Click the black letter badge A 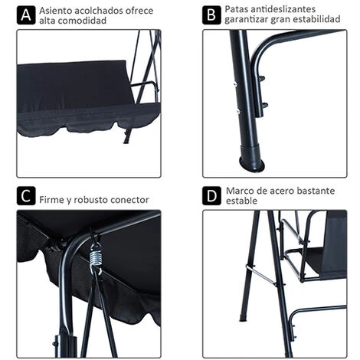pyautogui.click(x=26, y=15)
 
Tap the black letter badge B pyautogui.click(x=211, y=15)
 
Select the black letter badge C pyautogui.click(x=26, y=196)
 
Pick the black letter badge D pyautogui.click(x=211, y=196)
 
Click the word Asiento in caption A pyautogui.click(x=56, y=11)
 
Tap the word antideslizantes pyautogui.click(x=283, y=9)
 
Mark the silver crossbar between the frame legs pyautogui.click(x=261, y=275)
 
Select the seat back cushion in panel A pyautogui.click(x=75, y=82)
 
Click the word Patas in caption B pyautogui.click(x=236, y=9)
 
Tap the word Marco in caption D pyautogui.click(x=238, y=191)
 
